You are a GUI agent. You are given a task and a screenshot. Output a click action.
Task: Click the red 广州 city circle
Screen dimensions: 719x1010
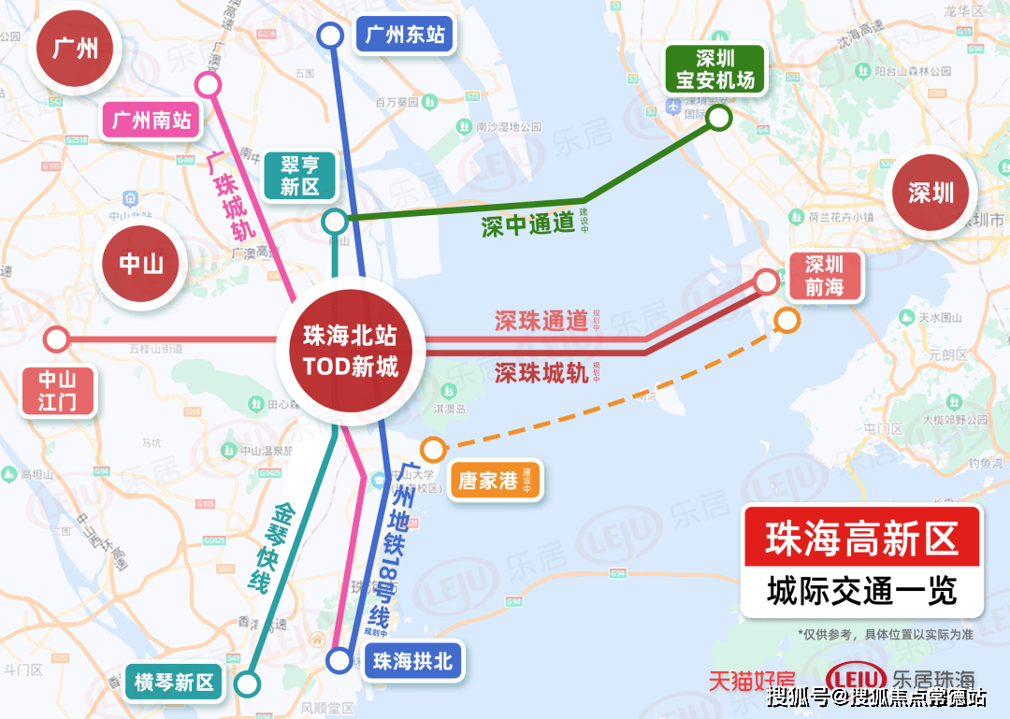click(75, 48)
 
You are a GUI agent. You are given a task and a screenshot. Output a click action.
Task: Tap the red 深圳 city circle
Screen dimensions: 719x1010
click(931, 193)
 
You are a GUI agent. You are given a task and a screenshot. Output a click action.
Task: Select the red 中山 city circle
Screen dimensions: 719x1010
click(141, 264)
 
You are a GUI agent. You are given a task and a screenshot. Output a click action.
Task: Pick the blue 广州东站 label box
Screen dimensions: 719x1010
click(405, 36)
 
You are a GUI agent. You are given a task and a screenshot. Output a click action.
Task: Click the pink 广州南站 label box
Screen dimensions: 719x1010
click(151, 120)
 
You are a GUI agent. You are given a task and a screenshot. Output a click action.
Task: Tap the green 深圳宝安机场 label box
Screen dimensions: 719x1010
click(715, 69)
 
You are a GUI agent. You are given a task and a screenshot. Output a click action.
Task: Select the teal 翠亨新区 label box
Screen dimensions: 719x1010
click(299, 175)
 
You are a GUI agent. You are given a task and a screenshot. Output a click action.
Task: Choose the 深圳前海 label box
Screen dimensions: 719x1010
click(824, 276)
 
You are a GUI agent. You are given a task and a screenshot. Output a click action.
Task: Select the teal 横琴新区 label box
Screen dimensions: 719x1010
click(174, 683)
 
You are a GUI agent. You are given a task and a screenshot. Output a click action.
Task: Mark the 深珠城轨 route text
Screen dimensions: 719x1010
click(541, 373)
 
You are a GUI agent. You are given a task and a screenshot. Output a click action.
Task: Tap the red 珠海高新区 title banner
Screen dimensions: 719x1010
click(861, 539)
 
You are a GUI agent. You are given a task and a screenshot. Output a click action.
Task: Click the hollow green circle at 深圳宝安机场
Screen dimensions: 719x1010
click(718, 117)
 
